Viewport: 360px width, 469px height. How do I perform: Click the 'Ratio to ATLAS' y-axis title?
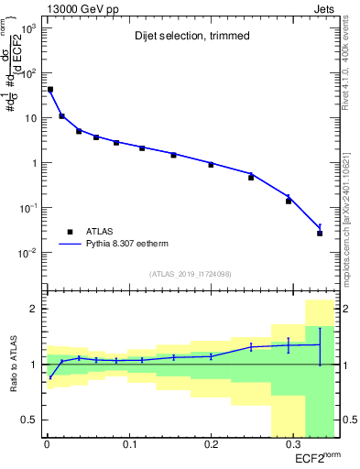[12, 365]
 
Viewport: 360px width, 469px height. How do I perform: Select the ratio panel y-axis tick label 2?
[35, 309]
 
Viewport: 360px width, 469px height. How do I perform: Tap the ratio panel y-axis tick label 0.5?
[31, 420]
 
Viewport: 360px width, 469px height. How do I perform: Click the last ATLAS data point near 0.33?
[320, 233]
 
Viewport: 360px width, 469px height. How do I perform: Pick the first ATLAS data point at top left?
[49, 90]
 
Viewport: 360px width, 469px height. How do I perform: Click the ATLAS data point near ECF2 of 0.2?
[211, 165]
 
